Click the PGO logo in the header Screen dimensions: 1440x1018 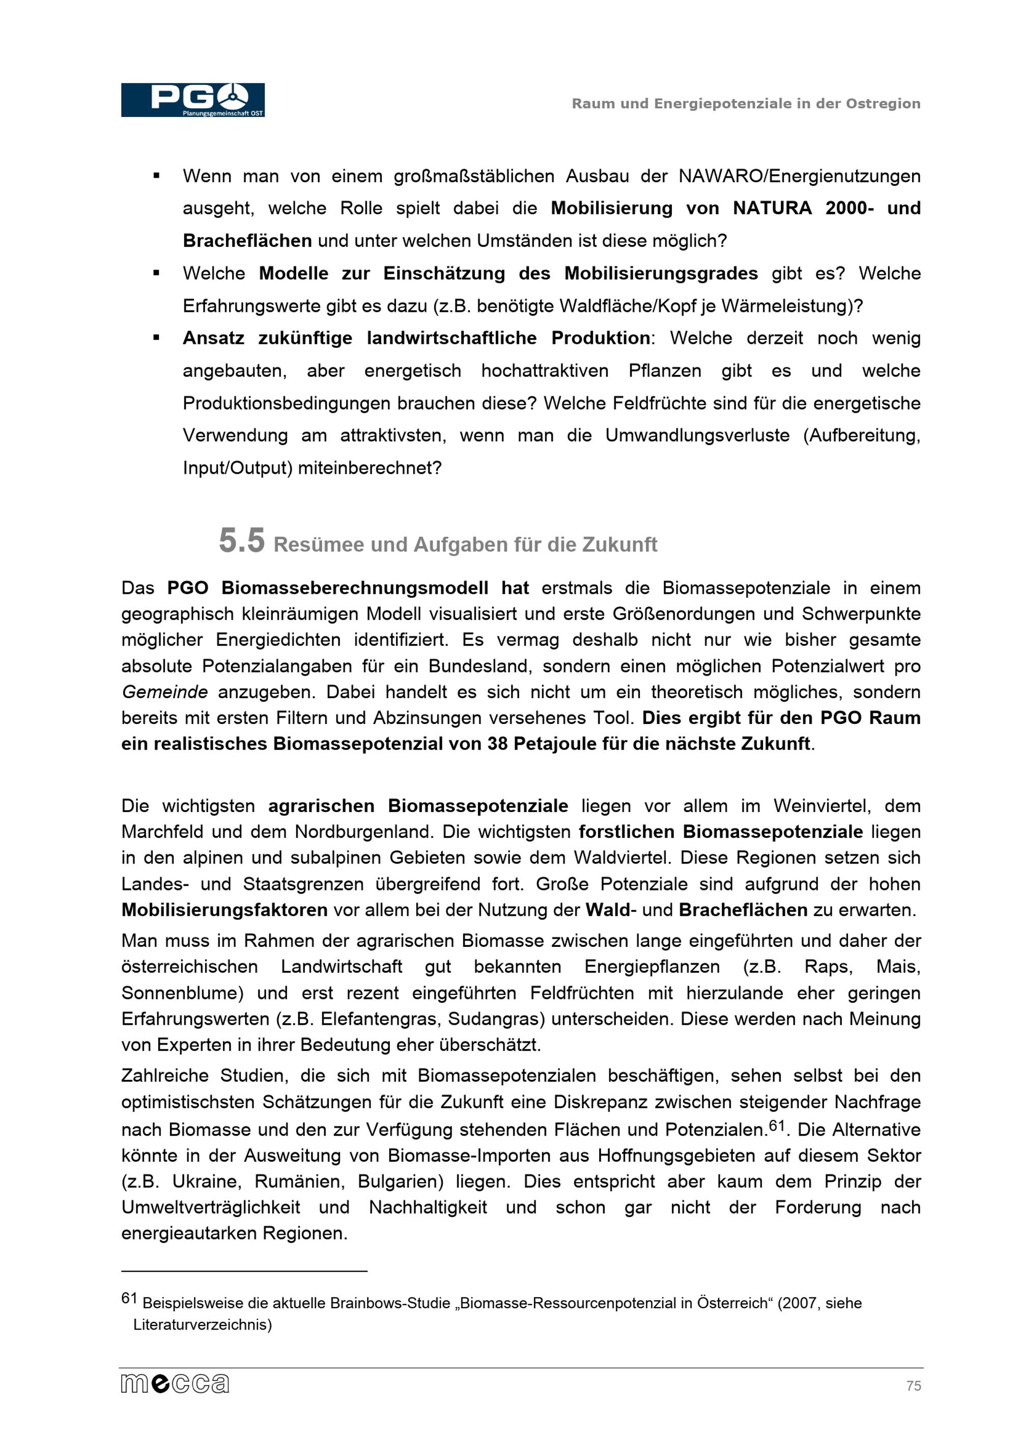192,100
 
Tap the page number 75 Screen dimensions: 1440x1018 913,1386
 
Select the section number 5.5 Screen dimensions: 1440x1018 241,540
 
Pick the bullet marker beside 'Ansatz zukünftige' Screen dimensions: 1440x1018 156,338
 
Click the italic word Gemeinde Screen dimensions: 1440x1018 164,692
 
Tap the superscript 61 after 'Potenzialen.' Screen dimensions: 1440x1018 777,1125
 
